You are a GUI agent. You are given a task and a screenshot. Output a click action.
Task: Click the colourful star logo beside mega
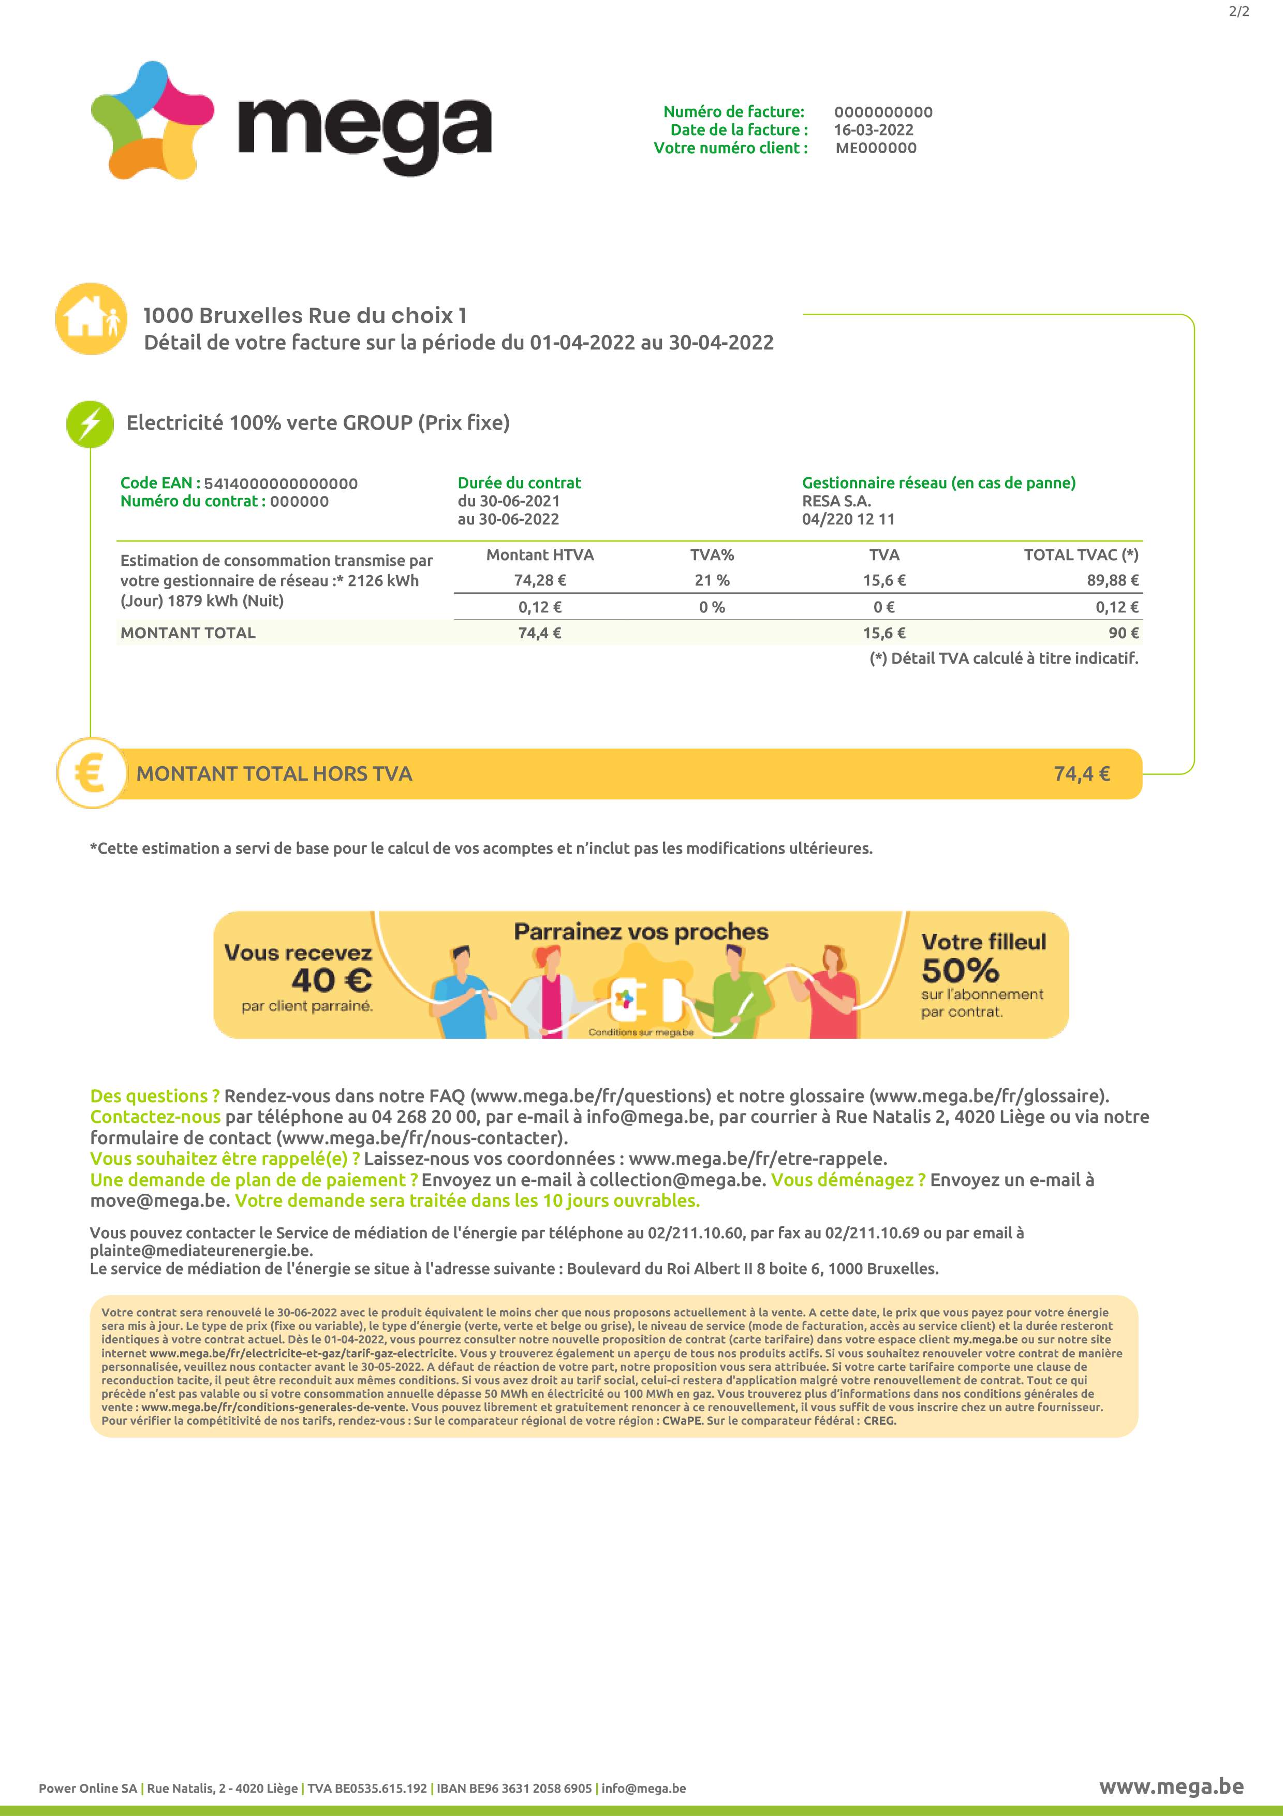152,120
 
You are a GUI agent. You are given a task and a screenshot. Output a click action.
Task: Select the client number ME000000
875,148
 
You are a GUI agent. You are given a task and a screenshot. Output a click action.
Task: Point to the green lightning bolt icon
90,424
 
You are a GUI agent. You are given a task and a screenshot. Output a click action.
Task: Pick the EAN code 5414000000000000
281,484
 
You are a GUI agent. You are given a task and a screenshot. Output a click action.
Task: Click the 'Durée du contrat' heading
519,482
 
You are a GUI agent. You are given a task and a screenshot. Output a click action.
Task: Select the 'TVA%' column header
712,554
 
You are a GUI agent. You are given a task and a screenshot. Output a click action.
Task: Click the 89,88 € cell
1112,580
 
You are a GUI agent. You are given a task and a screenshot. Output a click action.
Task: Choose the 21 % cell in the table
712,580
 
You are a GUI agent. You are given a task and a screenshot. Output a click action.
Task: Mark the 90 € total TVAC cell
1123,633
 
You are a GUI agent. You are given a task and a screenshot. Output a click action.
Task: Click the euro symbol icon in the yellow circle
91,773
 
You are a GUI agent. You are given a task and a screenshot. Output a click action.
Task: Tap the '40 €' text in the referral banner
331,981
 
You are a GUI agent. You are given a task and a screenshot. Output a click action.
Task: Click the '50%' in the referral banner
960,971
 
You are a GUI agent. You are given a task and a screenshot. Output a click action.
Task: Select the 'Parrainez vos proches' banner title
640,932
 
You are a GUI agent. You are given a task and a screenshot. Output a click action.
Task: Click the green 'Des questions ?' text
154,1095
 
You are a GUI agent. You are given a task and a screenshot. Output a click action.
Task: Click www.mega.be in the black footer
1171,1786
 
